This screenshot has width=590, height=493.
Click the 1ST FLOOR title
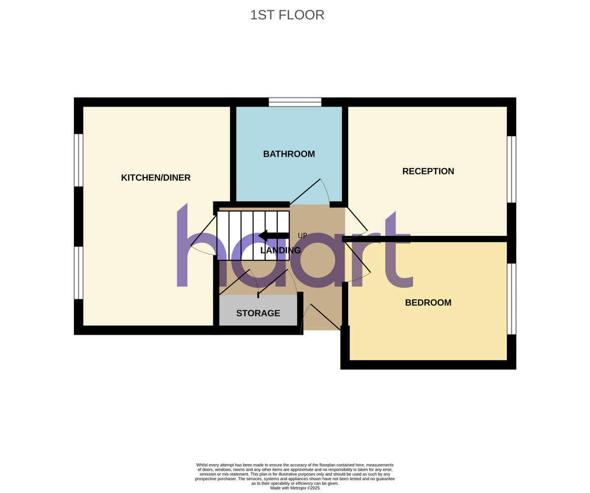[x=287, y=15]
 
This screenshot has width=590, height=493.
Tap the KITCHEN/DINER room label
[x=156, y=177]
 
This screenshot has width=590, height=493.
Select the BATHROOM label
[x=289, y=154]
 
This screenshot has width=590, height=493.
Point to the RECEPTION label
[x=428, y=171]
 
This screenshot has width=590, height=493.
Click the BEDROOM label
[x=428, y=302]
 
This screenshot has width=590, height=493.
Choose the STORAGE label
[x=258, y=313]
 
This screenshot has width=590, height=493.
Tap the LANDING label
[x=280, y=250]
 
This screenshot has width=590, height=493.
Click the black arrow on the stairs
[x=273, y=236]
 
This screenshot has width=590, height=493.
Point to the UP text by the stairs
[x=302, y=236]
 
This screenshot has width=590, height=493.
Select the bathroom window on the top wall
[x=295, y=102]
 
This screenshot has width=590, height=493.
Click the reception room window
[x=511, y=169]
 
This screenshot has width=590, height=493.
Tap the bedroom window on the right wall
[x=511, y=299]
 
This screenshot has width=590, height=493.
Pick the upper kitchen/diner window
[x=79, y=160]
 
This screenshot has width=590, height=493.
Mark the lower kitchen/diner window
[x=79, y=273]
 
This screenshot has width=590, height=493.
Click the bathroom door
[x=305, y=192]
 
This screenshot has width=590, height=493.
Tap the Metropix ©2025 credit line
[x=295, y=488]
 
